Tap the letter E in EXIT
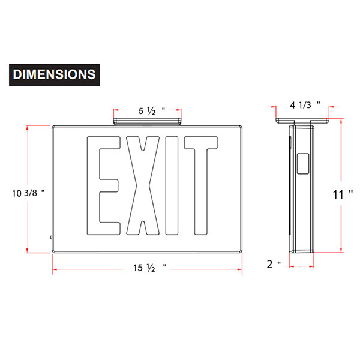tap(103, 186)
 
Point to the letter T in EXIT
tap(200, 186)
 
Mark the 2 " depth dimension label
tap(274, 264)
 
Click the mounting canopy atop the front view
tap(148, 121)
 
